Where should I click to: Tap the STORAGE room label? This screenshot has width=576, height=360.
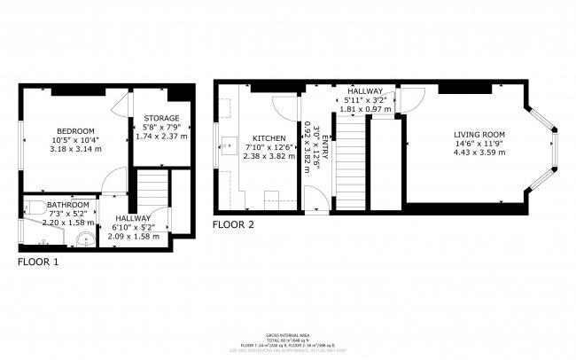tap(161, 118)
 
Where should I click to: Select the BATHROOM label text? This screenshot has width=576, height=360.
tap(68, 204)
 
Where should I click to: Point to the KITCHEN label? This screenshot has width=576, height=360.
tap(269, 139)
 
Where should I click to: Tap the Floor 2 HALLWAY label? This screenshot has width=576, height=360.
tap(364, 91)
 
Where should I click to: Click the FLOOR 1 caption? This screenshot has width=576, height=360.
tap(38, 262)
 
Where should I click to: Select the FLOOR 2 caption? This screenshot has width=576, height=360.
tap(233, 225)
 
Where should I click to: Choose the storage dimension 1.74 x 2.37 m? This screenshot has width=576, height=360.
tap(162, 137)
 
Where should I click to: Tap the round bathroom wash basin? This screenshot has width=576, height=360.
tap(82, 237)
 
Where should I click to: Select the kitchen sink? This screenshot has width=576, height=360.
tap(228, 145)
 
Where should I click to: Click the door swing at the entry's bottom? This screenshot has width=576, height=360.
tap(312, 200)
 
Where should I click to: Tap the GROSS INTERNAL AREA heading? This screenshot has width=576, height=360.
tap(287, 335)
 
